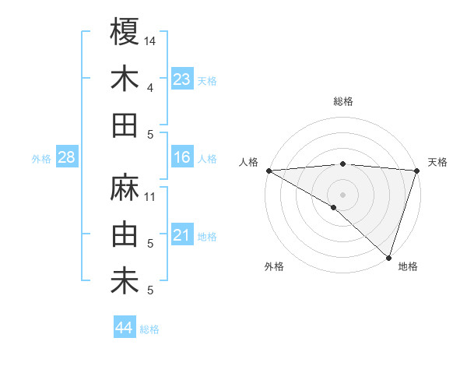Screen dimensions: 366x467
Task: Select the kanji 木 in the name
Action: coord(125,79)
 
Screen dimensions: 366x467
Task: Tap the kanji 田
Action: coord(125,125)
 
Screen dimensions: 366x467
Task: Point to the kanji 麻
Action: coord(125,188)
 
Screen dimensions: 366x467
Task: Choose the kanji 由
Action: coord(125,235)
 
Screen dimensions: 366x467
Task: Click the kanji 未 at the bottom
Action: coord(125,282)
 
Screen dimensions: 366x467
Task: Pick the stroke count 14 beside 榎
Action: coord(151,40)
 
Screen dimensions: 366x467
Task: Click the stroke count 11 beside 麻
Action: coord(151,196)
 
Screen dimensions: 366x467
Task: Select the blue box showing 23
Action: coord(181,79)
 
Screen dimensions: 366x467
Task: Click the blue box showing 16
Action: coord(181,157)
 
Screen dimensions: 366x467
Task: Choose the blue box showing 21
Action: coord(181,235)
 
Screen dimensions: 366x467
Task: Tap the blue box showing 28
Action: coord(67,157)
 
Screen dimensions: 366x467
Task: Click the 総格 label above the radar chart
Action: coord(343,101)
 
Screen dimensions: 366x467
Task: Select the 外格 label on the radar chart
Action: coord(274,267)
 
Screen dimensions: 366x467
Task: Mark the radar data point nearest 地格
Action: coord(388,258)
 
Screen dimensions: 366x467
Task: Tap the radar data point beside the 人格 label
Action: coord(268,170)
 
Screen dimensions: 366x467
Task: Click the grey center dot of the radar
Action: coord(342,194)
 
